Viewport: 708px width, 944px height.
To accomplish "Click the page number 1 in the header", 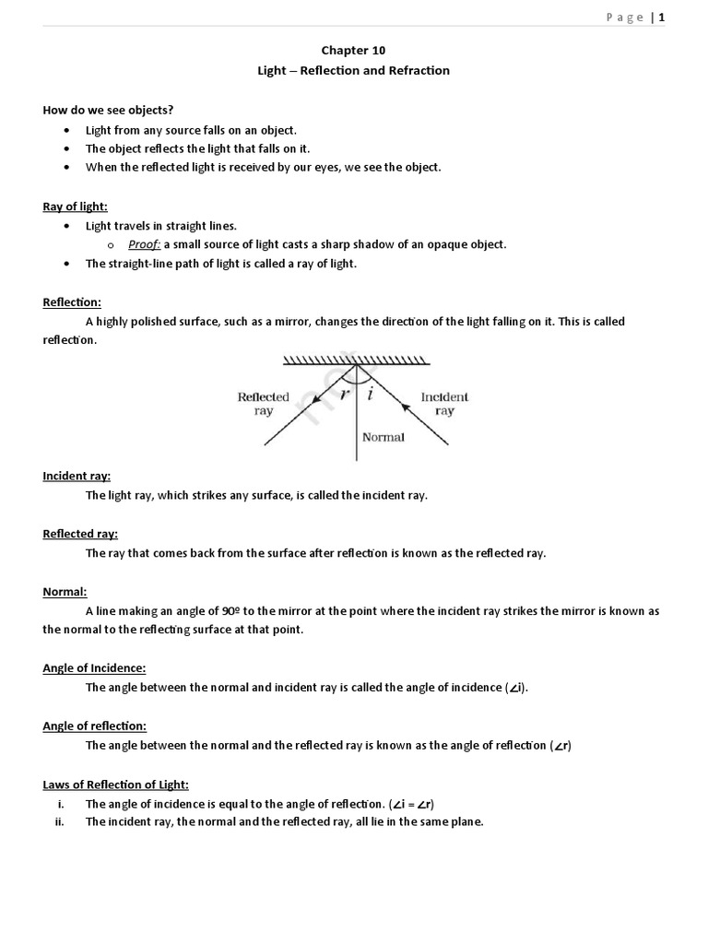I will click(x=661, y=18).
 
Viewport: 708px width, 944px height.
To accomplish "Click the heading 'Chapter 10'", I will click(x=354, y=53).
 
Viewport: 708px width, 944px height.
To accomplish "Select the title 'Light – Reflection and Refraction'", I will click(x=354, y=70).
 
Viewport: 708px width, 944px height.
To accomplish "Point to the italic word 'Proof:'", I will click(x=145, y=244).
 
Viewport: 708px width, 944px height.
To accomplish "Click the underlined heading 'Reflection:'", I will click(x=72, y=302).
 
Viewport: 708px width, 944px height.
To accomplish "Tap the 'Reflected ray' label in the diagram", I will click(x=264, y=404).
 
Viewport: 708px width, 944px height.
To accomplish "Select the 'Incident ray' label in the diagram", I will click(x=444, y=404).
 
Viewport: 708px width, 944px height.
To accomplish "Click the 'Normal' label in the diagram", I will click(x=383, y=437).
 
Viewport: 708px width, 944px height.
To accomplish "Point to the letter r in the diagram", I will click(x=344, y=393).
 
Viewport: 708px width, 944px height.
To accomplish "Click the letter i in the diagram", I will click(x=370, y=393).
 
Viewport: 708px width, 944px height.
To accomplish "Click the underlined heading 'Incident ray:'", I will click(x=77, y=476).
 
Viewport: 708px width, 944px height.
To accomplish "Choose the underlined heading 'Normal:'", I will click(x=65, y=592).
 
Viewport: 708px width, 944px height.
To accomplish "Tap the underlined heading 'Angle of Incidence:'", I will click(x=94, y=668).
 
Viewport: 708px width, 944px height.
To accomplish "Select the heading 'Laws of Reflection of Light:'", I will click(x=115, y=785).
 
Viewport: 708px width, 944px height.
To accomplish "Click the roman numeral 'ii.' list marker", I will click(x=59, y=821).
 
